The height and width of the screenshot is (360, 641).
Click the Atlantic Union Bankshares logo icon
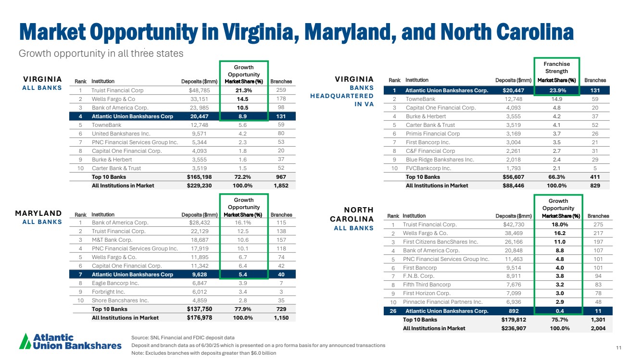(x=25, y=342)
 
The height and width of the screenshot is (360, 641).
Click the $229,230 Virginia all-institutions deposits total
(x=199, y=186)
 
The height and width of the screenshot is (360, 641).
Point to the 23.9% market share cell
(x=557, y=90)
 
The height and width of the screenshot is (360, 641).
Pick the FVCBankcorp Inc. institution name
(x=428, y=168)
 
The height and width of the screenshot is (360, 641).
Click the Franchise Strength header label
(x=556, y=68)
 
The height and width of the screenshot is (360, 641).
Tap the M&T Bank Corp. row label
(x=112, y=240)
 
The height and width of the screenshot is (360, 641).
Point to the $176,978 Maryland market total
(x=199, y=317)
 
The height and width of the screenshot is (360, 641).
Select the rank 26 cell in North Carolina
(x=393, y=310)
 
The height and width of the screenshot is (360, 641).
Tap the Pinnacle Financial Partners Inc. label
(x=442, y=302)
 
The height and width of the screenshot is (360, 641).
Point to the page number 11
(x=618, y=348)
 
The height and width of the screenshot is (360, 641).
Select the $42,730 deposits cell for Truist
(x=515, y=224)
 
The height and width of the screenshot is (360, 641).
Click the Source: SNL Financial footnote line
(x=183, y=338)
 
